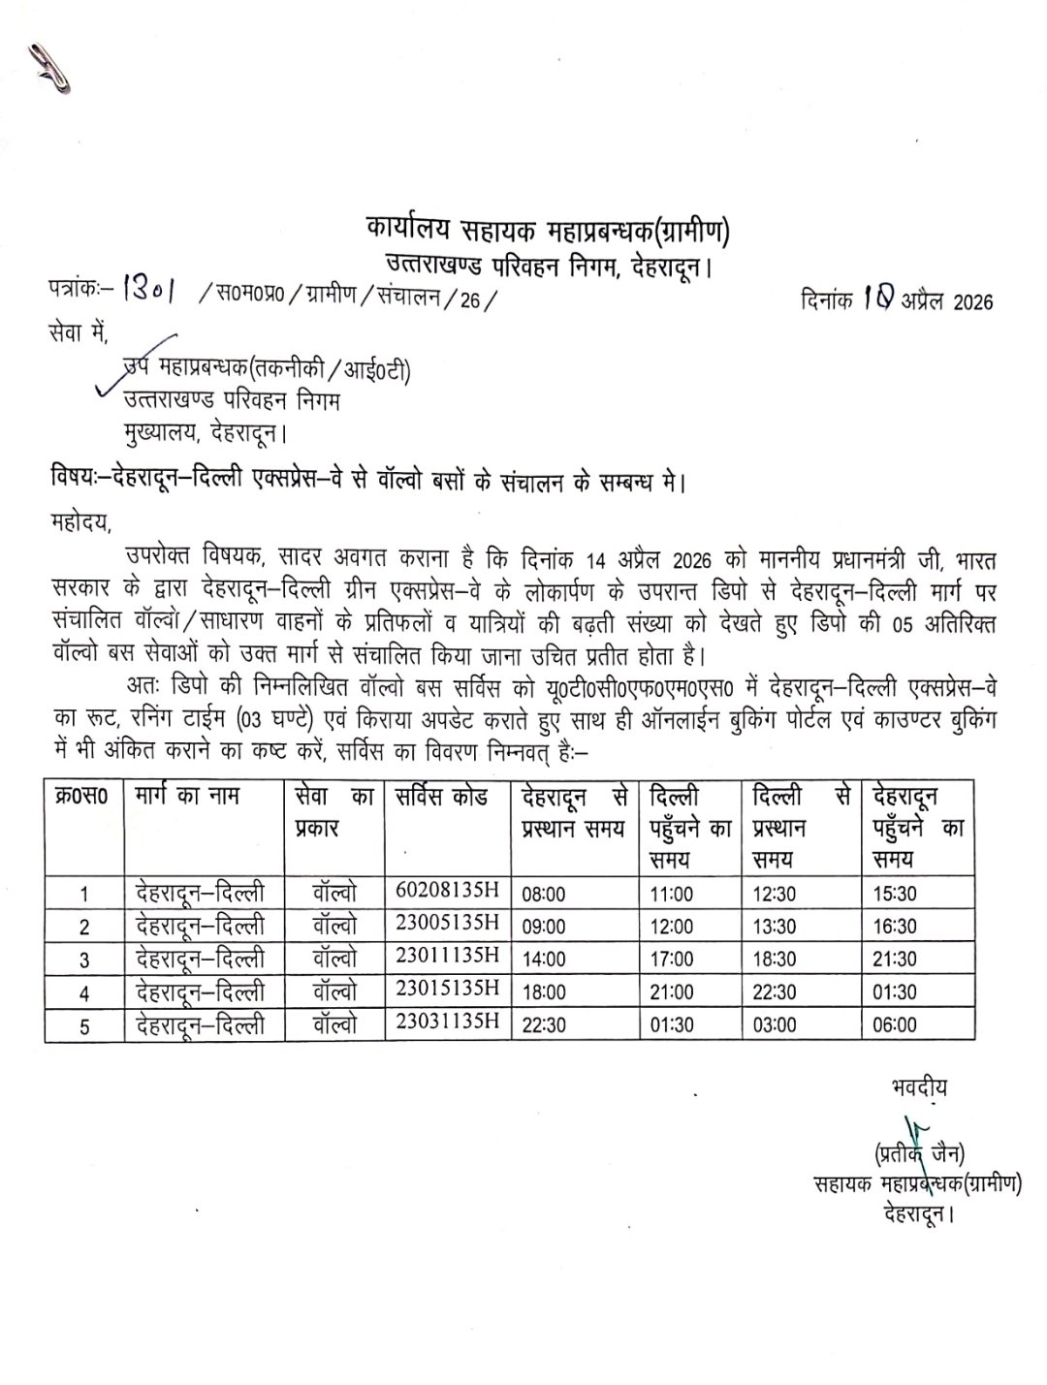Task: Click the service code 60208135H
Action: pyautogui.click(x=447, y=890)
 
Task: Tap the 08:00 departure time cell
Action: pyautogui.click(x=544, y=894)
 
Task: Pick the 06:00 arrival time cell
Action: pyautogui.click(x=894, y=1024)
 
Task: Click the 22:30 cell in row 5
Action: pyautogui.click(x=544, y=1024)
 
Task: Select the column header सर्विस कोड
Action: pyautogui.click(x=442, y=798)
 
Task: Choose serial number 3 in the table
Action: pyautogui.click(x=84, y=960)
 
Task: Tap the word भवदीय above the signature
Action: pyautogui.click(x=919, y=1086)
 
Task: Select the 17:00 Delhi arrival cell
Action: pyautogui.click(x=672, y=960)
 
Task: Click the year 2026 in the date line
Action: pyautogui.click(x=973, y=302)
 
